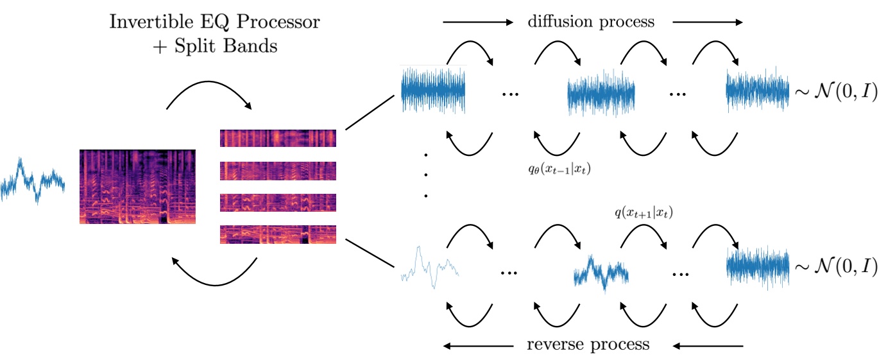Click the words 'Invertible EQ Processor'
[215, 22]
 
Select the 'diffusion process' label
[590, 22]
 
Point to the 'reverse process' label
[588, 345]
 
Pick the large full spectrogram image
[137, 187]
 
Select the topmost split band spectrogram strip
[278, 138]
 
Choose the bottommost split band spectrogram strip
[278, 234]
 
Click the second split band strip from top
[278, 170]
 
